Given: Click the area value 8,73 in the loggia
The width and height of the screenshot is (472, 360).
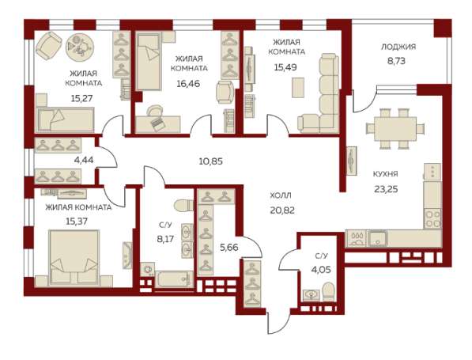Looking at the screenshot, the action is tap(396, 61).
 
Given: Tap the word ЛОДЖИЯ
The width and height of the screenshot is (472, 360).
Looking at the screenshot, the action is tap(398, 47).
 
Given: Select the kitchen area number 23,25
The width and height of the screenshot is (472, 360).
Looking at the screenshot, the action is tap(386, 189).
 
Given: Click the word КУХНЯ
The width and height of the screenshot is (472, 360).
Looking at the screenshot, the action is tap(385, 174).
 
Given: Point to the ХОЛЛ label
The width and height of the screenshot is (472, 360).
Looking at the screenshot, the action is tap(281, 195).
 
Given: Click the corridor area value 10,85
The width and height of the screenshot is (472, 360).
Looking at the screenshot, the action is tap(211, 161).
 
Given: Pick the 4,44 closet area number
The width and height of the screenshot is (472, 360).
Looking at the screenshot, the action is tap(84, 160).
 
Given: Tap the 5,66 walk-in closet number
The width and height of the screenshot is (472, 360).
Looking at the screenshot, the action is tap(228, 248).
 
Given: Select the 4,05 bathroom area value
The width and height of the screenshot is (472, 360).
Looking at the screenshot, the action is tap(321, 269).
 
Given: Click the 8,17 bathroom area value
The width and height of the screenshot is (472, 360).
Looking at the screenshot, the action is tap(165, 239).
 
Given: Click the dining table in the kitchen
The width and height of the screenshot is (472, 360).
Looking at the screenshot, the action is tap(395, 129).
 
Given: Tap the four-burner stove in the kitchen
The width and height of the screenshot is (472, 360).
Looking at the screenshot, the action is tap(432, 218).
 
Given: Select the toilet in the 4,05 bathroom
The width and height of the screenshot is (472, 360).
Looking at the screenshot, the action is tap(327, 292).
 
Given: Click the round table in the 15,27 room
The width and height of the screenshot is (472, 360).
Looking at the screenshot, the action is tap(80, 47).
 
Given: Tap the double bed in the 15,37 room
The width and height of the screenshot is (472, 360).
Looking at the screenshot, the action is tap(74, 258).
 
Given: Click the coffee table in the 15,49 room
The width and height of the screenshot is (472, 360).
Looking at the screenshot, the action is tap(298, 87).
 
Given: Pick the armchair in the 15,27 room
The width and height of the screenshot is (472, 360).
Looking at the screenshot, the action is tap(48, 46).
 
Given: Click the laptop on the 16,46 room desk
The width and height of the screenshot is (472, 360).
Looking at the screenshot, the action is tap(157, 123).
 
